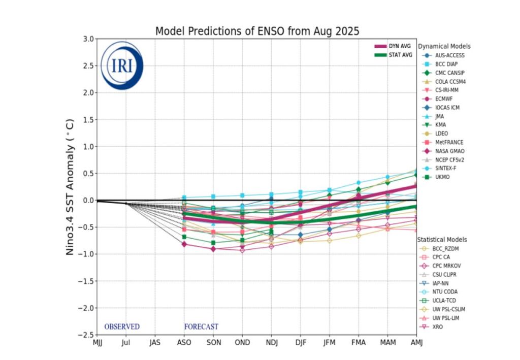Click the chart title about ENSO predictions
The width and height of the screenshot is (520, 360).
pos(257,31)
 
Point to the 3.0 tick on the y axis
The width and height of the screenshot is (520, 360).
pos(87,39)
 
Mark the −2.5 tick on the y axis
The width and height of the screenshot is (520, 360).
pos(85,335)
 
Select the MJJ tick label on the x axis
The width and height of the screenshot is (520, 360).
pos(97,342)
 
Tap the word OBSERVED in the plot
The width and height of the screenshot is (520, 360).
pos(122,326)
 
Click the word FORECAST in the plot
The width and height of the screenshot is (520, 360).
pos(201,326)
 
